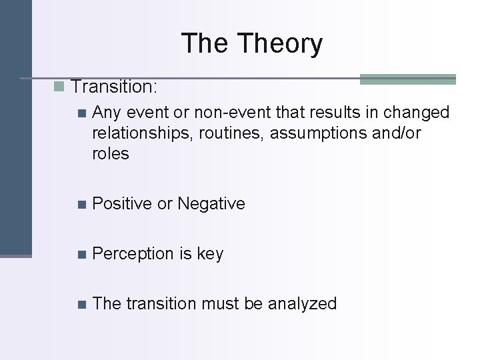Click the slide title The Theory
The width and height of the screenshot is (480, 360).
pos(251,44)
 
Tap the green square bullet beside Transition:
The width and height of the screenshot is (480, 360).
pos(59,86)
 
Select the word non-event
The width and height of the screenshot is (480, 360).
pos(214,113)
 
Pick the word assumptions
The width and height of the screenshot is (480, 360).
pos(323,133)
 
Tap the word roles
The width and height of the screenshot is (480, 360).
pos(111,154)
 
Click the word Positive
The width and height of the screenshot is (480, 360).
pos(122,203)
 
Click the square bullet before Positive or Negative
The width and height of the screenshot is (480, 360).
pos(81,204)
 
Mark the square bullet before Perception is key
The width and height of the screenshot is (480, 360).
pos(81,254)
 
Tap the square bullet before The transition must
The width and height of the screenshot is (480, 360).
pos(81,304)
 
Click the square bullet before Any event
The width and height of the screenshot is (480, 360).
pos(81,113)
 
